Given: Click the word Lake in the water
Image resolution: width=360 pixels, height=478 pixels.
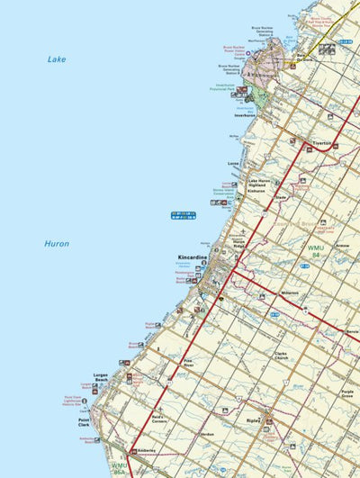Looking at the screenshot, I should click(x=57, y=59).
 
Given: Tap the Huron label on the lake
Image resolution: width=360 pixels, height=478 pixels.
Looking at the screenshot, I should click(x=57, y=243).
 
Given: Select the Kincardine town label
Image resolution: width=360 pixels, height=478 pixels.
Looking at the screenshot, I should click(x=193, y=257).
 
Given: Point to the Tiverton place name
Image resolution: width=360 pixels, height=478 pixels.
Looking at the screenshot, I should click(x=322, y=143).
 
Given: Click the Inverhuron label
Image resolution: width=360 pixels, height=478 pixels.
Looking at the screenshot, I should click(x=247, y=115).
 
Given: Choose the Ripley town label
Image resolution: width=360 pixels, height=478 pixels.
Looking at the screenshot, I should click(x=252, y=420).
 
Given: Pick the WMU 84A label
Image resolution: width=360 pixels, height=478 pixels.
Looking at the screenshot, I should click(x=120, y=468).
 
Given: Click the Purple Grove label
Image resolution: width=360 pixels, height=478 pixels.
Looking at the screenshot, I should click(x=347, y=394).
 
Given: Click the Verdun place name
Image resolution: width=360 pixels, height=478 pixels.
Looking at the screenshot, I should click(x=208, y=434).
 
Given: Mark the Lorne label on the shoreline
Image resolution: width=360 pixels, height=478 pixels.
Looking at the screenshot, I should click(x=233, y=163).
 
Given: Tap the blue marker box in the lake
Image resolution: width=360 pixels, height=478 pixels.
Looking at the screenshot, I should click(x=183, y=213).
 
